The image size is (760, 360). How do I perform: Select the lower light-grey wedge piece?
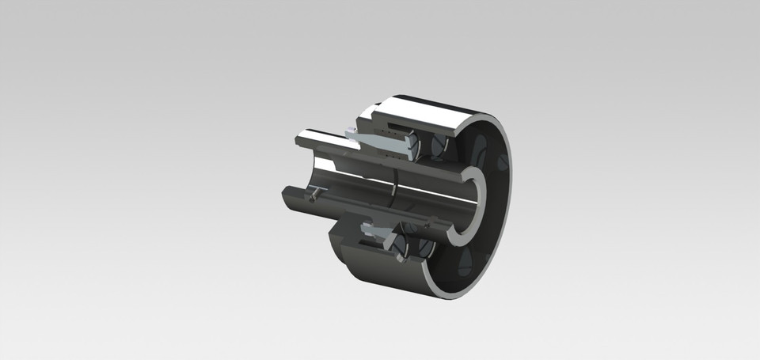[383, 233]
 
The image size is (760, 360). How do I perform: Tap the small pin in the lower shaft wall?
[316, 192]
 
